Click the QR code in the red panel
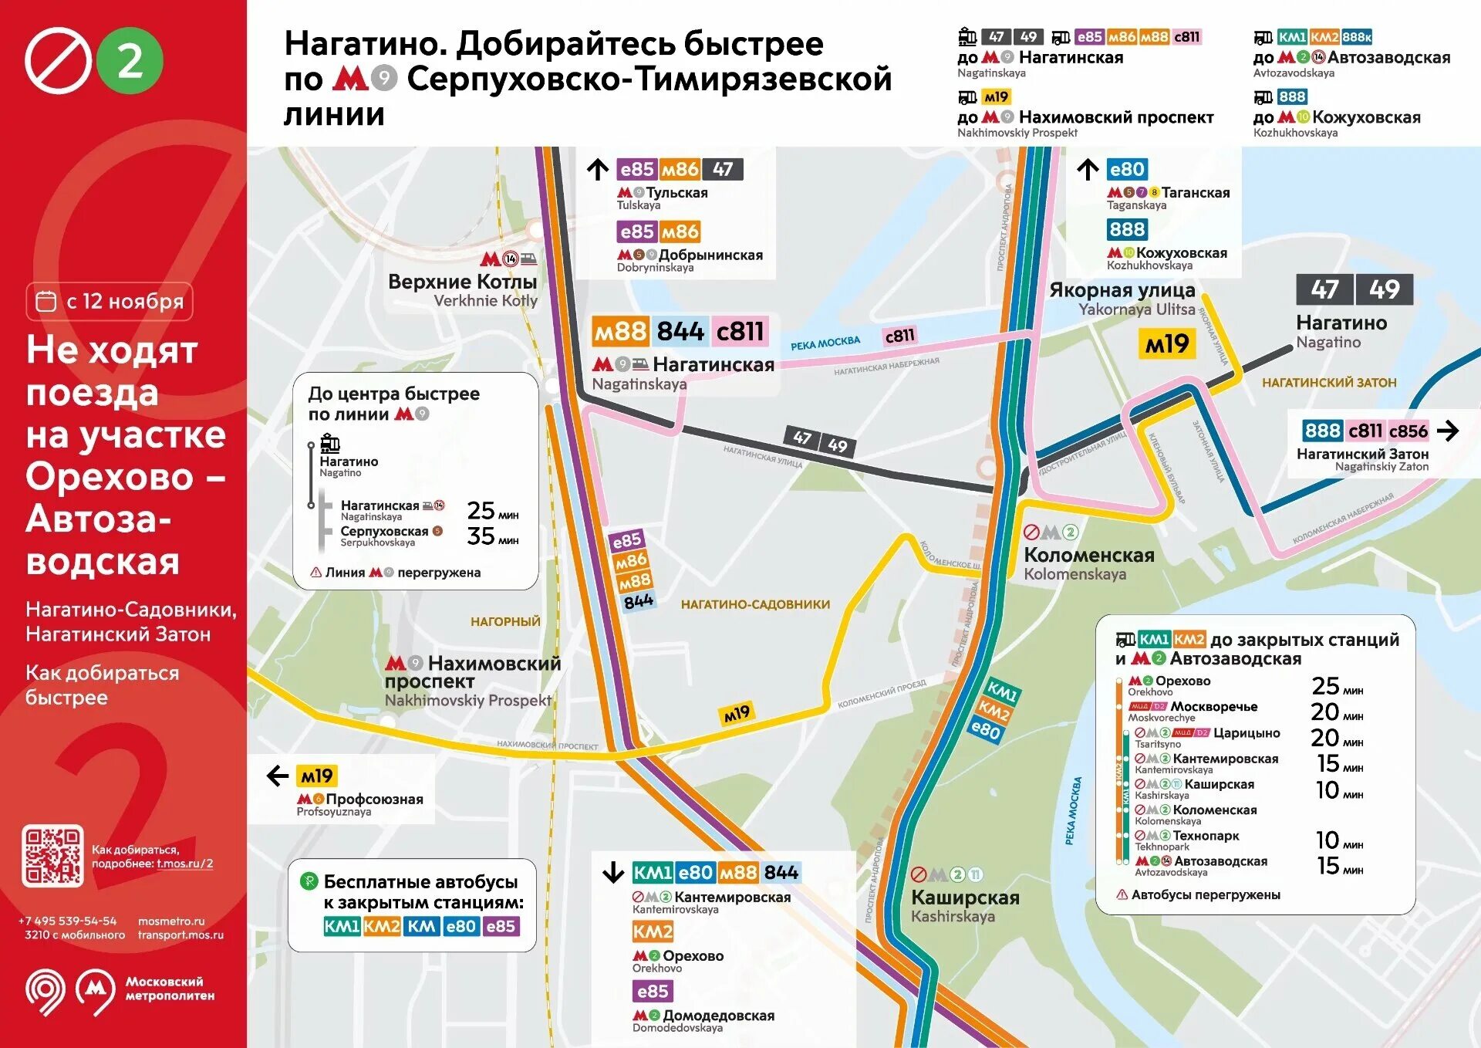click(52, 856)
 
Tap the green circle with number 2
click(130, 60)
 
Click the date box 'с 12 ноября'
click(110, 301)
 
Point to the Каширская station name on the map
click(965, 898)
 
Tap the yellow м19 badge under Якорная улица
click(1167, 344)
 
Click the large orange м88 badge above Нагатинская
click(621, 332)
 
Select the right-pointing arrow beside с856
click(1448, 431)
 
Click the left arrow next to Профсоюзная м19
click(277, 776)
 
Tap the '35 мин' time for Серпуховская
click(492, 536)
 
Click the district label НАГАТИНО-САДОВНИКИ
click(755, 604)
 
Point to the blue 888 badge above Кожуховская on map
click(1127, 229)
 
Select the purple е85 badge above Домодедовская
click(653, 992)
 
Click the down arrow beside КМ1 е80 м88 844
click(613, 873)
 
